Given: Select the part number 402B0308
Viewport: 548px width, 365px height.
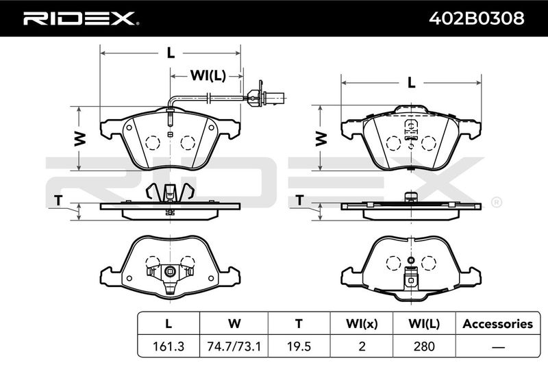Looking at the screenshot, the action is (476, 18).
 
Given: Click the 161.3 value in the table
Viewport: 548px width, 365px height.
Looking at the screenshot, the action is (169, 346).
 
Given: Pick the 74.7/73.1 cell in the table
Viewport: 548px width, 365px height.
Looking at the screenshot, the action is (234, 346).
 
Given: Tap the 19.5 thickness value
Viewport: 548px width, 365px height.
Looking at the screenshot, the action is (299, 346).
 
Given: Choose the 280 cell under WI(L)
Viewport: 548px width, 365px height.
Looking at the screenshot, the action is (424, 346).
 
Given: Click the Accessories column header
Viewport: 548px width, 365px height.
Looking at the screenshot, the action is (498, 324).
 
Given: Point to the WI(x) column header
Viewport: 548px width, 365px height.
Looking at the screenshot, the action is (362, 324).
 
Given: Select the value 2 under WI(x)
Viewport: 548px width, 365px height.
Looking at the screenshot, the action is (362, 346).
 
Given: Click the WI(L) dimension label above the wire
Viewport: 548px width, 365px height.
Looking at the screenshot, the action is (208, 75).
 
